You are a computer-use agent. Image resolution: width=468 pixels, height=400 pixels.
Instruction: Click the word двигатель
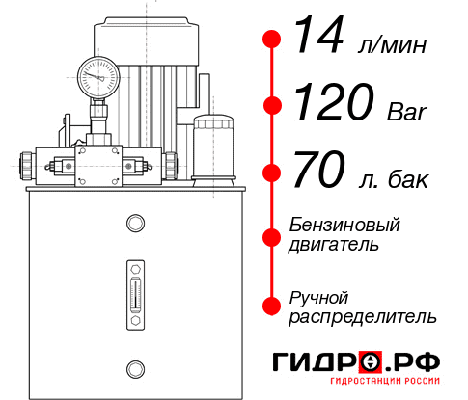(334, 245)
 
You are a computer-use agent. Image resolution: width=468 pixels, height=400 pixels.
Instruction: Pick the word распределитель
(363, 316)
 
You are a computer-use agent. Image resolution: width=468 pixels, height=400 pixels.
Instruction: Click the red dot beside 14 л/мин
(273, 40)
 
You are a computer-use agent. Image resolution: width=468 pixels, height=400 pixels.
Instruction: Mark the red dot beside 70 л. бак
(273, 173)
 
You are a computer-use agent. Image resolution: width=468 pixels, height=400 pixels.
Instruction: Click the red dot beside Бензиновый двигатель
(273, 235)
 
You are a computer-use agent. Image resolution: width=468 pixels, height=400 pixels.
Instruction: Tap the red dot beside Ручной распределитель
(273, 306)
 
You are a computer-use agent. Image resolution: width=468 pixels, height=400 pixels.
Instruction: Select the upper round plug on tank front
(134, 225)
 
